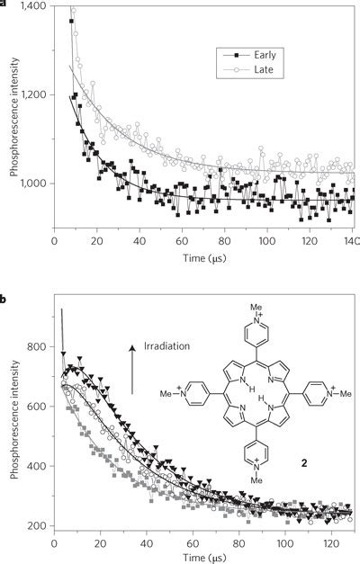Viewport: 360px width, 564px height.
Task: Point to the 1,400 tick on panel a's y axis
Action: tap(33, 6)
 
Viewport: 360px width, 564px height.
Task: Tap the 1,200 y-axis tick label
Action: tap(33, 94)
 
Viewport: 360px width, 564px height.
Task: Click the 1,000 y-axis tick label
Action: tap(33, 184)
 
